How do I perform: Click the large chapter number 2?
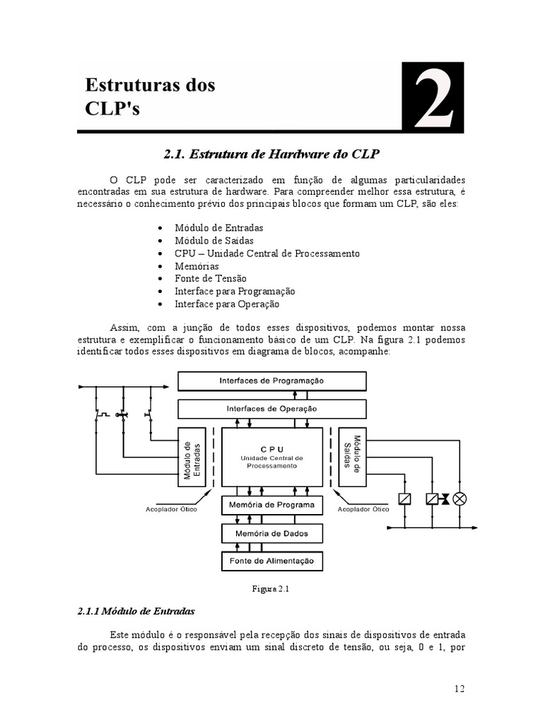point(433,98)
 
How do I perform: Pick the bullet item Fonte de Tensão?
point(211,279)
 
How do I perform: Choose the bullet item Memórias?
point(197,266)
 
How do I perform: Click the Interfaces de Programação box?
point(271,381)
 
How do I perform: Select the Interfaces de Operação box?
point(271,409)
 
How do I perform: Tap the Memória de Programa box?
point(271,505)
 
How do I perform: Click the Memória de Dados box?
point(271,532)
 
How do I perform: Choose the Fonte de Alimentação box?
point(271,561)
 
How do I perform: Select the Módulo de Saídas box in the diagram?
point(351,457)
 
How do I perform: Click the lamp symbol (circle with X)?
point(460,499)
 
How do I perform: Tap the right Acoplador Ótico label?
point(363,508)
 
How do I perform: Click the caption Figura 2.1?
point(271,588)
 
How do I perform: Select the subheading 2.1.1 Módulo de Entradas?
point(135,610)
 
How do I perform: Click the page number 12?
point(459,688)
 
